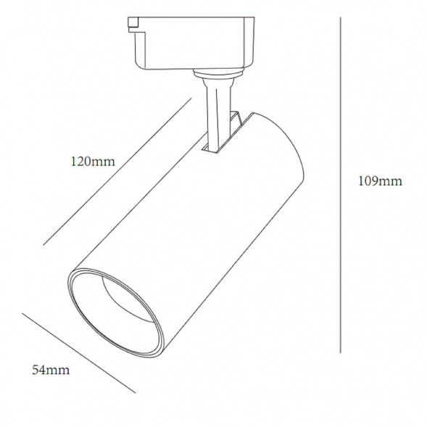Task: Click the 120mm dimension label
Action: pos(93,162)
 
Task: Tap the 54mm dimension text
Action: pos(51,370)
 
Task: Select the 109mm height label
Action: pos(380,181)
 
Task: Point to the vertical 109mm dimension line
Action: pos(340,185)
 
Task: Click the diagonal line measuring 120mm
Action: pos(117,172)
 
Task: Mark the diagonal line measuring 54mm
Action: pos(78,353)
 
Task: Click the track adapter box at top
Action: pos(191,43)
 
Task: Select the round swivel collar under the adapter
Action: pos(217,73)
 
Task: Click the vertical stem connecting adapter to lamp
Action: pos(218,115)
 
